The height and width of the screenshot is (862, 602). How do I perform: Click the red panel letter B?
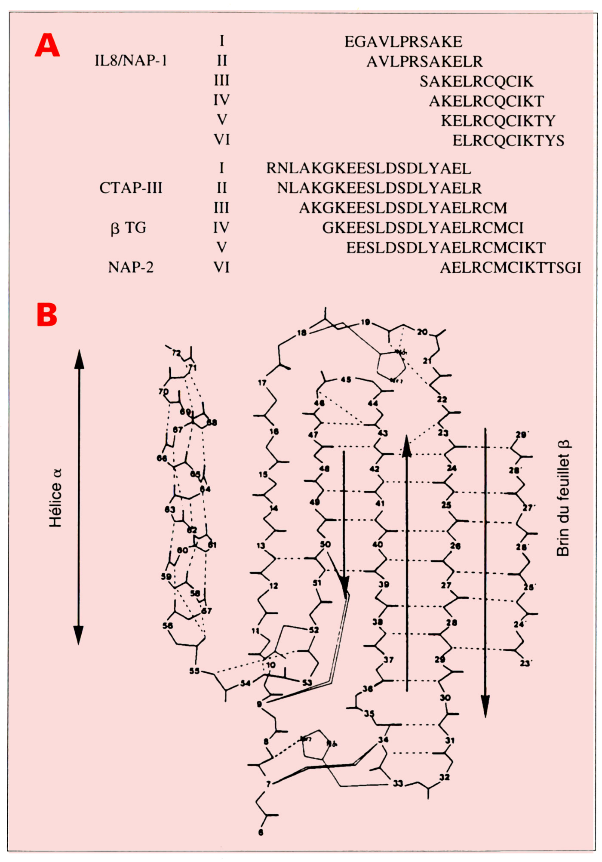pyautogui.click(x=47, y=315)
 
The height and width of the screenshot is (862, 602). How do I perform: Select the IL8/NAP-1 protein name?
pyautogui.click(x=131, y=61)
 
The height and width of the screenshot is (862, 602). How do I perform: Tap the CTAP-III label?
pyautogui.click(x=131, y=188)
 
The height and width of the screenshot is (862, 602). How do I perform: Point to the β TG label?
pyautogui.click(x=129, y=228)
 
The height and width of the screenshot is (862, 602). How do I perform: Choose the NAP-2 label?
pyautogui.click(x=131, y=267)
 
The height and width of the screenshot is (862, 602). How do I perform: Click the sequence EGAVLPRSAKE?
pyautogui.click(x=403, y=42)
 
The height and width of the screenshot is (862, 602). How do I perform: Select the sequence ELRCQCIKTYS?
pyautogui.click(x=508, y=141)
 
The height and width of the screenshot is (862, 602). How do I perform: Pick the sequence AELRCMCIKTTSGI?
pyautogui.click(x=510, y=268)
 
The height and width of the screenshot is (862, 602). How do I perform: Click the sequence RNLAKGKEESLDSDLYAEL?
pyautogui.click(x=369, y=168)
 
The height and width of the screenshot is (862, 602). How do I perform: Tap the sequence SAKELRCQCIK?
pyautogui.click(x=476, y=81)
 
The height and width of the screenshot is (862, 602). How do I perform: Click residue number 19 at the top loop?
pyautogui.click(x=365, y=322)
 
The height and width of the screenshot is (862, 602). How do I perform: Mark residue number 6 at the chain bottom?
pyautogui.click(x=261, y=832)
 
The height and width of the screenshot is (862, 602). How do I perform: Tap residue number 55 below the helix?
pyautogui.click(x=194, y=671)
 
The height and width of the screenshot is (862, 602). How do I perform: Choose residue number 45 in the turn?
pyautogui.click(x=346, y=379)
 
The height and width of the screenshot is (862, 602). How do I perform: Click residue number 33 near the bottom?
pyautogui.click(x=398, y=783)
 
